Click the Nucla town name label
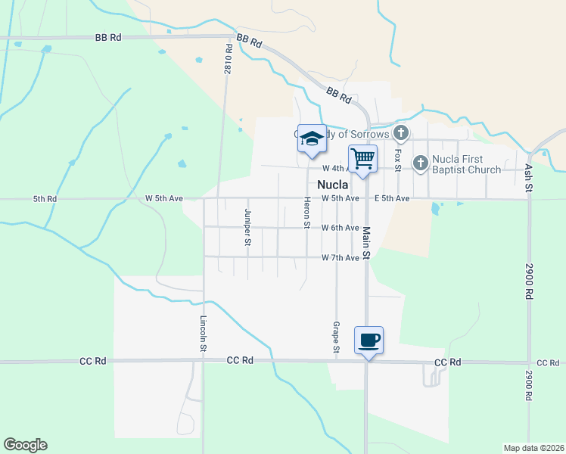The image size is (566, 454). pyautogui.click(x=333, y=185)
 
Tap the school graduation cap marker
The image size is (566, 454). pyautogui.click(x=312, y=138)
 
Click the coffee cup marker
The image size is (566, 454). pyautogui.click(x=369, y=340)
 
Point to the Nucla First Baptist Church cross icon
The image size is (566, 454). pyautogui.click(x=421, y=163)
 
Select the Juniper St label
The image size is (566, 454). pyautogui.click(x=247, y=227)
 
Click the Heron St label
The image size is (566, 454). pyautogui.click(x=307, y=213)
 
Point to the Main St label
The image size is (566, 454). pyautogui.click(x=365, y=243)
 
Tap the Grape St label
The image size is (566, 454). pyautogui.click(x=335, y=337)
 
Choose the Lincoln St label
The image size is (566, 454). pyautogui.click(x=204, y=333)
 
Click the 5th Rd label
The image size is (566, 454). pyautogui.click(x=45, y=199)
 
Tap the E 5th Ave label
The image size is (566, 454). pyautogui.click(x=392, y=199)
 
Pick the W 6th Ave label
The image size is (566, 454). pyautogui.click(x=340, y=228)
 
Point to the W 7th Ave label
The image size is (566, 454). pyautogui.click(x=340, y=258)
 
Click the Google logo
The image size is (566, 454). pyautogui.click(x=25, y=445)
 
